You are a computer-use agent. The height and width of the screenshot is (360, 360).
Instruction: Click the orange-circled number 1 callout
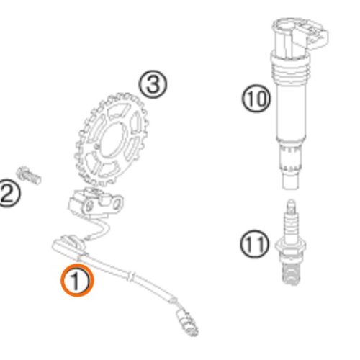[x=76, y=280]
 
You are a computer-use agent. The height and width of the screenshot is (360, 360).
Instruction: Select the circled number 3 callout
[x=153, y=84]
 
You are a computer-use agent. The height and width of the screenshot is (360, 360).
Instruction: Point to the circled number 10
[x=256, y=98]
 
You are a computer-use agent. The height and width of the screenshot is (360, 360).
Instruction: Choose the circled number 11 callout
[x=255, y=244]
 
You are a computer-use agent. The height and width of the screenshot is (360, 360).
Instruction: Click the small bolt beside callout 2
[x=29, y=176]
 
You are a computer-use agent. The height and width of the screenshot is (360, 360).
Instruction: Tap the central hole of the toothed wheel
[x=112, y=140]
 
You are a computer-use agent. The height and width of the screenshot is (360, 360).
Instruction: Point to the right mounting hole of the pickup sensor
[x=117, y=204]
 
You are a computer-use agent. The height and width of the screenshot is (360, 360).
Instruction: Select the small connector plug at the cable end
[x=187, y=322]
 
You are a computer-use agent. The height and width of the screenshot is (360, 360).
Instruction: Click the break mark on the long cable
[x=131, y=276]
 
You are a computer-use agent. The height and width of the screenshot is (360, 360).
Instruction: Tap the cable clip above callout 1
[x=69, y=246]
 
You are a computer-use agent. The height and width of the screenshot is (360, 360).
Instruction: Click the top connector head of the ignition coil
[x=300, y=36]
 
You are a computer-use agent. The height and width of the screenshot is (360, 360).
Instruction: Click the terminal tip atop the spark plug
[x=291, y=206]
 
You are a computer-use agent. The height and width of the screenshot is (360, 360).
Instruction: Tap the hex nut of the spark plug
[x=290, y=246]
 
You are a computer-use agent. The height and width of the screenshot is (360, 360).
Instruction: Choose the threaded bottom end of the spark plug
[x=291, y=273]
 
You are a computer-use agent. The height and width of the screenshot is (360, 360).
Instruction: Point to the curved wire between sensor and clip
[x=101, y=230]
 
